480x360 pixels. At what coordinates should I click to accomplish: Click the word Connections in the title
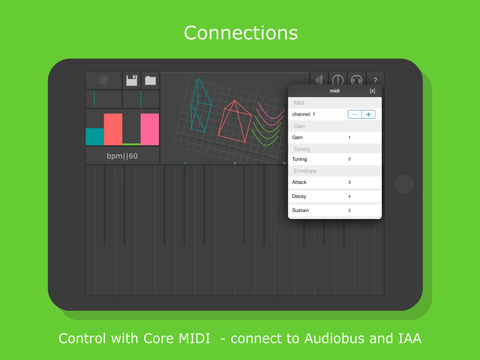tap(240, 32)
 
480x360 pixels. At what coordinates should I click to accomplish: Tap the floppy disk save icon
tap(131, 80)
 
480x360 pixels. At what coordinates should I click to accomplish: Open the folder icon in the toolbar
tap(150, 80)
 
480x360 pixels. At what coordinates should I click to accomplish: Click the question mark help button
tap(375, 80)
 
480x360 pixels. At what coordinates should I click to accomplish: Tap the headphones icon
tap(356, 80)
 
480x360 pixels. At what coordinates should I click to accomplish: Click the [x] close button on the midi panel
tap(372, 91)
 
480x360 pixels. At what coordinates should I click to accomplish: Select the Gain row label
tap(299, 137)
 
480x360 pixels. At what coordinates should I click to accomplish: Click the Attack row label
tap(300, 182)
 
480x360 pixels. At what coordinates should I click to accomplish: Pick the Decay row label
tap(300, 196)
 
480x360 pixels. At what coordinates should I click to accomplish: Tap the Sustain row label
tap(301, 211)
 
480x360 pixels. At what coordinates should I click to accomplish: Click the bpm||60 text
tap(122, 157)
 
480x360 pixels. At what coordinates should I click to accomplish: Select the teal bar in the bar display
tap(95, 136)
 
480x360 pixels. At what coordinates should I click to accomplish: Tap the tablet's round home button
tap(403, 184)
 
